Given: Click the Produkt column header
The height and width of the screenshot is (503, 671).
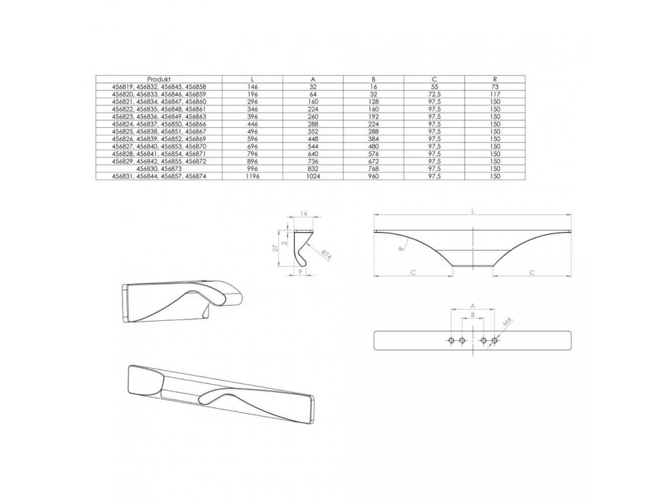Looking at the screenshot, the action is (159, 79).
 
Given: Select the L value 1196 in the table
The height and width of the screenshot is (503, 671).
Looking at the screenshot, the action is (252, 177).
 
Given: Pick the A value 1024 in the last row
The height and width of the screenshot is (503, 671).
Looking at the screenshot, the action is (313, 177).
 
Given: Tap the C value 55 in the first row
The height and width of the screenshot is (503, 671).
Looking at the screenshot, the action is (434, 86).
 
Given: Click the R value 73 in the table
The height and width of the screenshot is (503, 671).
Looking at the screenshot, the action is (494, 86).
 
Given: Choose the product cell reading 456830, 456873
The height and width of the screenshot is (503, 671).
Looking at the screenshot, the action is (159, 169).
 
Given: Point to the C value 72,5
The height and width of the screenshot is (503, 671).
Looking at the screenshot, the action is (434, 94).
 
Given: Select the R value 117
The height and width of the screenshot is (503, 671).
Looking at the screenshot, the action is (494, 94).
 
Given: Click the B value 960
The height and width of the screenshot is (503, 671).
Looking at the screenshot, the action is (373, 177).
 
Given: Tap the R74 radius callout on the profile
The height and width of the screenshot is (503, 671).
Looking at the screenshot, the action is (326, 254).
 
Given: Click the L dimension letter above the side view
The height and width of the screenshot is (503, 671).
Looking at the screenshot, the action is (473, 211).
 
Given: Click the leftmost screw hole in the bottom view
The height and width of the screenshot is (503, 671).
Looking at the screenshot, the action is (451, 341).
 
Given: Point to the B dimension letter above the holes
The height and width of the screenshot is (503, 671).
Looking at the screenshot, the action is (473, 315).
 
